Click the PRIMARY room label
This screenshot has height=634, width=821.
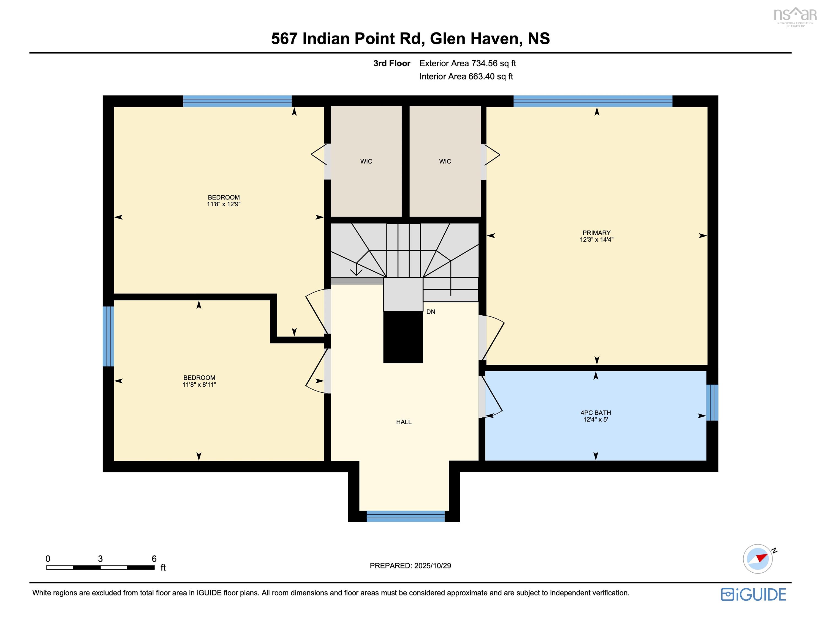coord(596,233)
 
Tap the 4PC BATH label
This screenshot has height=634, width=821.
coord(596,413)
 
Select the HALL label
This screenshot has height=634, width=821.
coord(404,422)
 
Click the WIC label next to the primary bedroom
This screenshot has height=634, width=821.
coord(445,161)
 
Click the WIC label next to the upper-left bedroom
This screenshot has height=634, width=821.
coord(366,161)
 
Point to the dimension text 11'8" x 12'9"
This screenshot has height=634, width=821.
coord(224,204)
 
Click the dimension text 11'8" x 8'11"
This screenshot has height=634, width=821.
coord(199,384)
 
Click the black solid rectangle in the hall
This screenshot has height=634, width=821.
coord(403,337)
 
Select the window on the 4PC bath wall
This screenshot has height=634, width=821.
coord(712,403)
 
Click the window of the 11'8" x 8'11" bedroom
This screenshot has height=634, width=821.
coord(108,336)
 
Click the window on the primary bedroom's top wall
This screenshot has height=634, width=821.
coord(592,101)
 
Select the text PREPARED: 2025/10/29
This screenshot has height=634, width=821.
coord(410,565)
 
